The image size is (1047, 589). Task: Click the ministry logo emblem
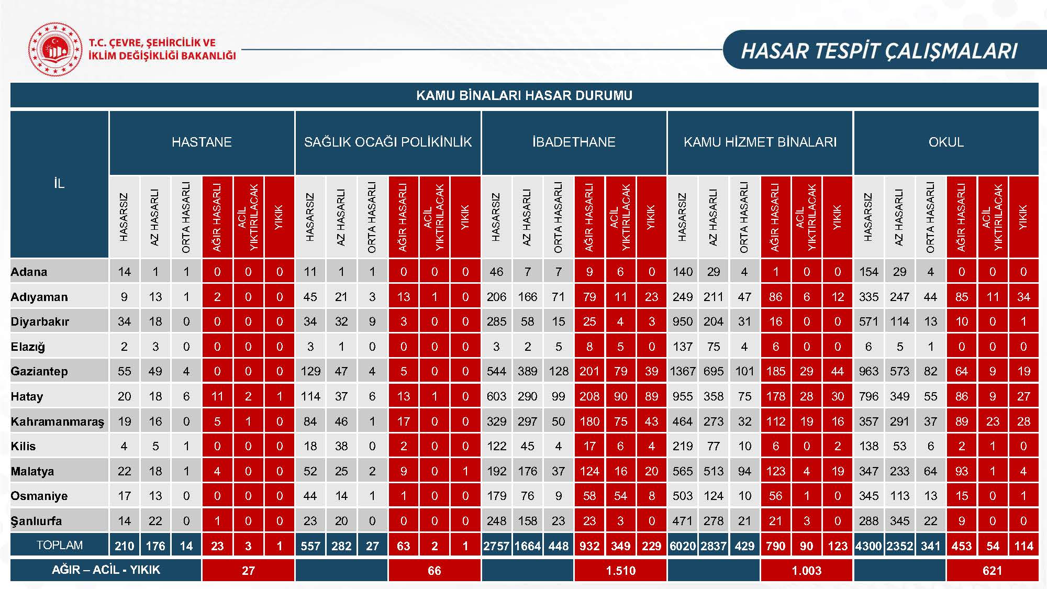click(x=55, y=50)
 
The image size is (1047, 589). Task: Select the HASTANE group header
click(x=202, y=142)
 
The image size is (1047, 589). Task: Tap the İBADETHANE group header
click(x=574, y=142)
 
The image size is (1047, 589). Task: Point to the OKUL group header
click(x=945, y=142)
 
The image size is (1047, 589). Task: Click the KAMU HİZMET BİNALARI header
click(x=760, y=142)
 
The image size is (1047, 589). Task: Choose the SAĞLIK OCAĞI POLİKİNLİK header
click(x=388, y=142)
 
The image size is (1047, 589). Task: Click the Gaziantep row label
click(x=39, y=371)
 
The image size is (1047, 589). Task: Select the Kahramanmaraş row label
click(x=58, y=421)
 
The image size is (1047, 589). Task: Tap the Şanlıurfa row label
click(x=36, y=521)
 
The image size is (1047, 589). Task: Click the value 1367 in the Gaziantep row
click(x=683, y=371)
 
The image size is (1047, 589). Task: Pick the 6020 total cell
click(x=683, y=546)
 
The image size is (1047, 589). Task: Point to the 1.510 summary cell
click(x=620, y=571)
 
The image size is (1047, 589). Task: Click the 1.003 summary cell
click(x=806, y=571)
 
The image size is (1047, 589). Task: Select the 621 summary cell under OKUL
click(x=992, y=571)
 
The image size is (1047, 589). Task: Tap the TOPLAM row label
click(x=59, y=546)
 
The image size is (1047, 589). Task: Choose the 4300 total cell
click(x=868, y=546)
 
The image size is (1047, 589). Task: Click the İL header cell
click(x=59, y=183)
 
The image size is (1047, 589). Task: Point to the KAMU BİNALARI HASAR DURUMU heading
click(x=524, y=95)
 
